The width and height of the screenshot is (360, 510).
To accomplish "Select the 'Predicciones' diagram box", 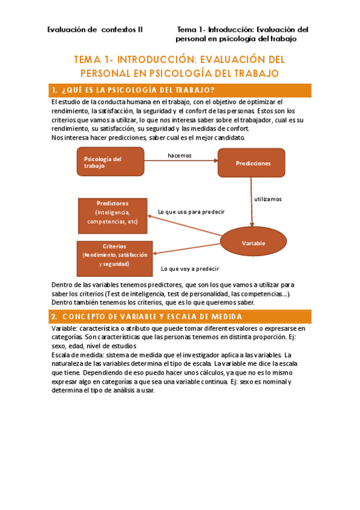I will pos(252,163).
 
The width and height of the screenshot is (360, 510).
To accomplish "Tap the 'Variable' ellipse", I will pos(253,243).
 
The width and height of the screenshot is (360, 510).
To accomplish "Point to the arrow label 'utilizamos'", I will pos(267,198).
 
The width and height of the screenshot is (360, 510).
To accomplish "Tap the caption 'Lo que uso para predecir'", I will pos(191,212).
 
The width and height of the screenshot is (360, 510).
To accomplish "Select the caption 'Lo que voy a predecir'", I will pos(190,269).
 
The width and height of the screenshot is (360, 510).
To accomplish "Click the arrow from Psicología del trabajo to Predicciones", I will pos(180,161).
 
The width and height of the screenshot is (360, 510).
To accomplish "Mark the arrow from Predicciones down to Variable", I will pos(250,203).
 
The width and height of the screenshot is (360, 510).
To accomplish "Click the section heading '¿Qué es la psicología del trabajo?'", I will pos(138,90).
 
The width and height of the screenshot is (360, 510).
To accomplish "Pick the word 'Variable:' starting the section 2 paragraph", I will pos(64,328).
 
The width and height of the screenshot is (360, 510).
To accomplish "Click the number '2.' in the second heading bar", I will pos(54,316).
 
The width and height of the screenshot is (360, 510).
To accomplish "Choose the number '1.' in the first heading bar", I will pos(54,90).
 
